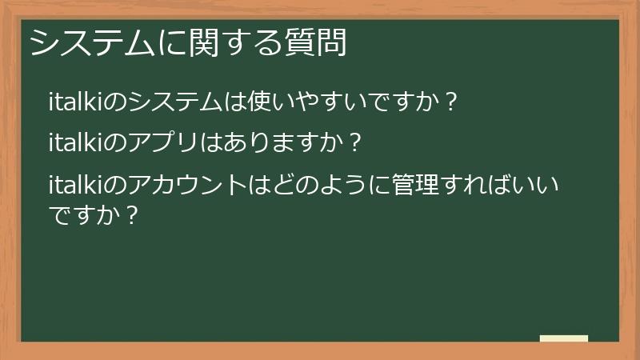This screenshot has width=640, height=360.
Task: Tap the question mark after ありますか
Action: [356, 144]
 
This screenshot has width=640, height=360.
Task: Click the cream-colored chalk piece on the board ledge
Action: [563, 339]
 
